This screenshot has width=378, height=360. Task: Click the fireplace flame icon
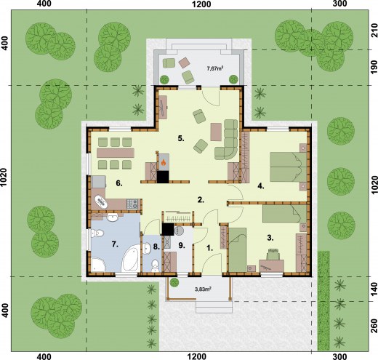tap(164, 162)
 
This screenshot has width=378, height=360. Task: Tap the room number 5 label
tap(181, 138)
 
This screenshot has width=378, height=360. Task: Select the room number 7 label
tap(115, 244)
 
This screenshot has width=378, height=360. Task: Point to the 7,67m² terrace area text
tap(215, 68)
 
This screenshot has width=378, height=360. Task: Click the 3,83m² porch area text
tap(203, 289)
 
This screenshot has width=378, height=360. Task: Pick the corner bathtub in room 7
tap(131, 258)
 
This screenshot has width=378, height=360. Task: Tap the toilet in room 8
tap(154, 265)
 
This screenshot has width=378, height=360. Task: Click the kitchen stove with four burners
tap(132, 204)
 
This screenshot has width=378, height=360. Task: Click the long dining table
tap(116, 153)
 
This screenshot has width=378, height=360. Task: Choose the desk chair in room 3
tap(273, 255)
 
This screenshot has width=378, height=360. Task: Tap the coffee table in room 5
tap(216, 132)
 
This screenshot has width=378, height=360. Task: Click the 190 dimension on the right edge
tap(374, 68)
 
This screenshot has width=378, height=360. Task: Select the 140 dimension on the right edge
tap(374, 289)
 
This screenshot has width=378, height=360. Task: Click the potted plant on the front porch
tap(174, 282)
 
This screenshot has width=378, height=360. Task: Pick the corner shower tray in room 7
tap(98, 265)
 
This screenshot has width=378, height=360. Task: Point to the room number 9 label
tap(182, 245)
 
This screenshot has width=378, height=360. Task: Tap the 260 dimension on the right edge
tap(374, 326)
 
